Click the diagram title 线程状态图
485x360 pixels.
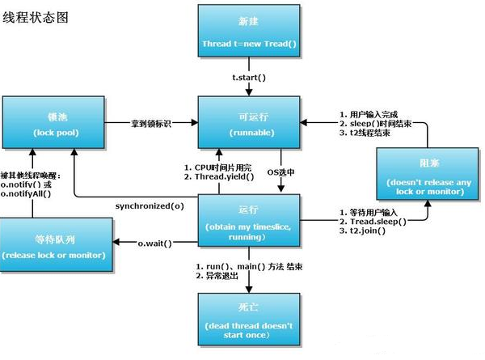pyautogui.click(x=35, y=17)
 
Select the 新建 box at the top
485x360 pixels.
pyautogui.click(x=249, y=31)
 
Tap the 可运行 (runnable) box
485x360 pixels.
pyautogui.click(x=249, y=121)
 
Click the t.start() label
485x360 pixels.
pyautogui.click(x=249, y=77)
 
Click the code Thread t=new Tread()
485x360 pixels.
pyautogui.click(x=249, y=42)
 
